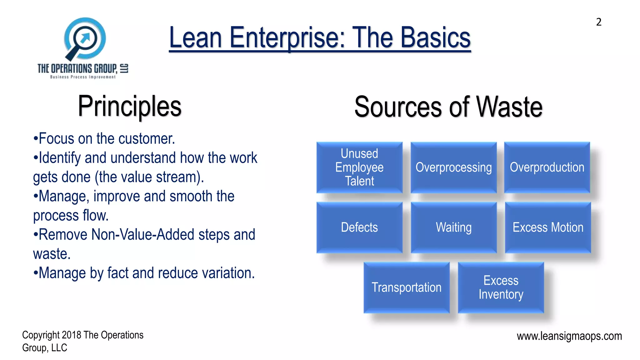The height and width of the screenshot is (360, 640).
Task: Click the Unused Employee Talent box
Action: [359, 167]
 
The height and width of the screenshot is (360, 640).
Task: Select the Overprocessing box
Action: [453, 167]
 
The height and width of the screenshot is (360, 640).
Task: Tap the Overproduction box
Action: [547, 167]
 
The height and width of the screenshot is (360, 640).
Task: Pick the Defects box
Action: [359, 227]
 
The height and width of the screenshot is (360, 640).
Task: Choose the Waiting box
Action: [453, 227]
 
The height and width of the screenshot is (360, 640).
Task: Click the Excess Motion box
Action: [548, 227]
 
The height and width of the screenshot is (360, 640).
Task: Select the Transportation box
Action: [406, 287]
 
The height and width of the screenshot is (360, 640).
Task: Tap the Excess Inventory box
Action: [501, 287]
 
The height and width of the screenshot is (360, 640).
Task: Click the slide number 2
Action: [598, 22]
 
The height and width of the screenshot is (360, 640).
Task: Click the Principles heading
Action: [129, 107]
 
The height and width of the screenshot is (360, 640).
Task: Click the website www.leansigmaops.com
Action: [569, 336]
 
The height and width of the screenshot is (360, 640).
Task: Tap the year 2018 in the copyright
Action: [72, 335]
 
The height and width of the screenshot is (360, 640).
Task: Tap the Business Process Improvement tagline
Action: [83, 77]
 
